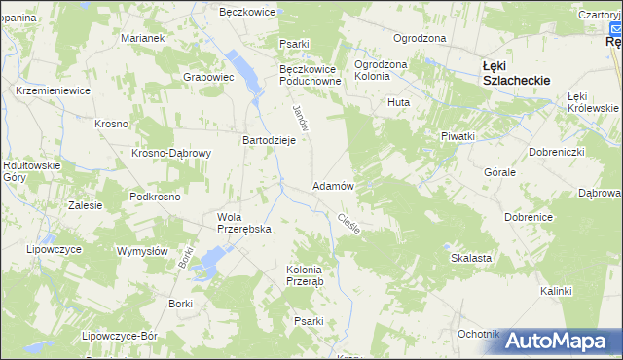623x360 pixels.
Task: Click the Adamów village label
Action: pyautogui.click(x=332, y=185)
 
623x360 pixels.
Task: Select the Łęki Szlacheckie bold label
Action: pyautogui.click(x=517, y=74)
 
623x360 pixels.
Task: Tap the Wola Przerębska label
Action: pyautogui.click(x=242, y=223)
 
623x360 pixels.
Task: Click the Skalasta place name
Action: pyautogui.click(x=470, y=258)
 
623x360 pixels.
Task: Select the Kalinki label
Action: pyautogui.click(x=556, y=291)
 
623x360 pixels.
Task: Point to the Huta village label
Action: pyautogui.click(x=397, y=101)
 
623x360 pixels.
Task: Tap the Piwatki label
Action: pyautogui.click(x=457, y=137)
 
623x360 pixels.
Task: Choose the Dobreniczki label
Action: pyautogui.click(x=556, y=153)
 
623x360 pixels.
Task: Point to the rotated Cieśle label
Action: pyautogui.click(x=348, y=225)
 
